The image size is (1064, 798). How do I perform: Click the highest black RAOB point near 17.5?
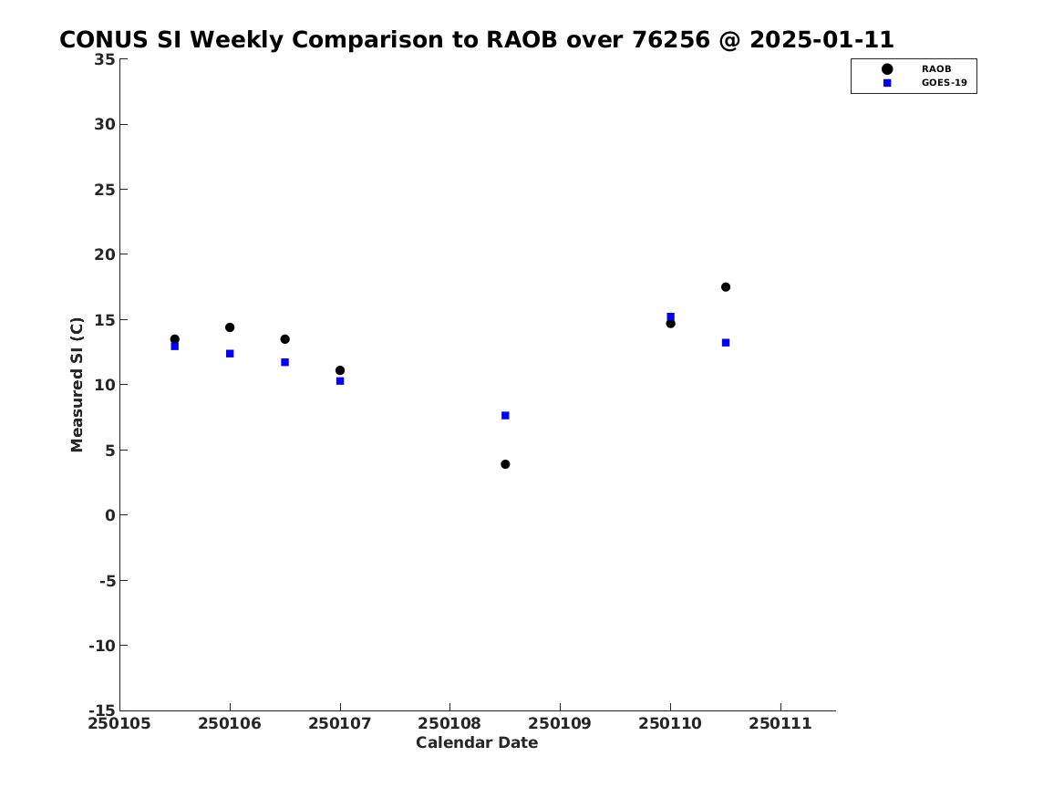point(726,287)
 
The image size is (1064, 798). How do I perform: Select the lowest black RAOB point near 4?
point(505,464)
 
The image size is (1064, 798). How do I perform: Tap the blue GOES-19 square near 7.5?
point(505,415)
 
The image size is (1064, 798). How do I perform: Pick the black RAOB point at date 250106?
point(230,327)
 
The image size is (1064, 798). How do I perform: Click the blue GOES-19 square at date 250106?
point(230,354)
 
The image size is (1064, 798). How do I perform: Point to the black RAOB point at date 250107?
point(340,370)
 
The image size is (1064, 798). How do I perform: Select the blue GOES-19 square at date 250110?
point(670,316)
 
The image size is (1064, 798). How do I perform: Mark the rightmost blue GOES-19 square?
point(726,343)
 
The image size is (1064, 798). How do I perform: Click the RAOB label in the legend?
point(935,68)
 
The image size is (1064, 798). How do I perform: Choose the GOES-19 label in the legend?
point(944,83)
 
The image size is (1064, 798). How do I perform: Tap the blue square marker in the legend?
point(887,83)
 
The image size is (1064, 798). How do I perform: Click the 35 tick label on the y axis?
point(104,59)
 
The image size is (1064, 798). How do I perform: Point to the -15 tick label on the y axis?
point(102,710)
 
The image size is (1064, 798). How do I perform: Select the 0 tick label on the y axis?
point(110,515)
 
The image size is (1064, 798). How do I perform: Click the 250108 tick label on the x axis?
point(449,724)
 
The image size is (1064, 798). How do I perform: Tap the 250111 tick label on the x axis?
point(780,724)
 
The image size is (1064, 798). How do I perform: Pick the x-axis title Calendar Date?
point(477,743)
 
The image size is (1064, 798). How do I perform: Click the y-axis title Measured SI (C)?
point(77,385)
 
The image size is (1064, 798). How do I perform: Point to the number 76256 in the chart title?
point(670,40)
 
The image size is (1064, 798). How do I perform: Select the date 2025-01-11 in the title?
point(821,40)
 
